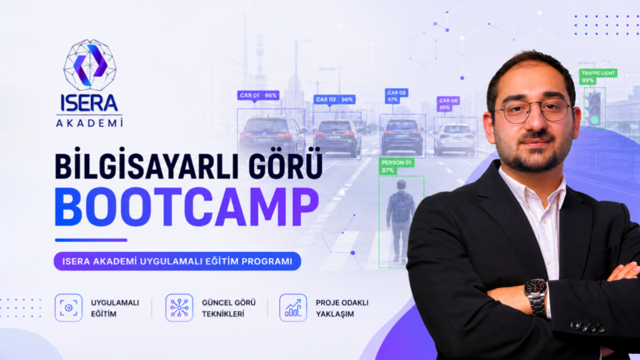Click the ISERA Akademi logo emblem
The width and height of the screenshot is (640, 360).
[90, 65]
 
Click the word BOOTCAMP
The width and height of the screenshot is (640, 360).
[187, 207]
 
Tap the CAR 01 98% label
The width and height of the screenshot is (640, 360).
[258, 95]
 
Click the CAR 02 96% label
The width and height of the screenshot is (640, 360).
[334, 99]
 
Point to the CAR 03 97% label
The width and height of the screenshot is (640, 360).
[396, 96]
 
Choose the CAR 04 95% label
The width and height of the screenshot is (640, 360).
[448, 104]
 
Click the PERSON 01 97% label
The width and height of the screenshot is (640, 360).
[396, 166]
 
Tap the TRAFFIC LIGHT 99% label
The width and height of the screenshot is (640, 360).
[598, 77]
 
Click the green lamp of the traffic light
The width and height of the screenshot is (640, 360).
[595, 119]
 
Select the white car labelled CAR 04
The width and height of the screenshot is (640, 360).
[454, 139]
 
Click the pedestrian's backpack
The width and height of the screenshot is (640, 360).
[401, 206]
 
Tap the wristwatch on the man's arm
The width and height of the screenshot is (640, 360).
[536, 297]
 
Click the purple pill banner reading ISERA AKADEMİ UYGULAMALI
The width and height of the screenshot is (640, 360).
[178, 261]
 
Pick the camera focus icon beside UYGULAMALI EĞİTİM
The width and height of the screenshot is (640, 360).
[69, 308]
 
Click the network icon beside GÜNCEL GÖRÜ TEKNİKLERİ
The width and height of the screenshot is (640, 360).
[179, 308]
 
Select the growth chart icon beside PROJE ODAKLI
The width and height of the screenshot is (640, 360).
[293, 308]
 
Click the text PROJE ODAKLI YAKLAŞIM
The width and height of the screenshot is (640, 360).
[342, 308]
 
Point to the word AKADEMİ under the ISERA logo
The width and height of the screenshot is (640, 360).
[90, 123]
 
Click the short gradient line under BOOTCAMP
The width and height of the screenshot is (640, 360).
[91, 241]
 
